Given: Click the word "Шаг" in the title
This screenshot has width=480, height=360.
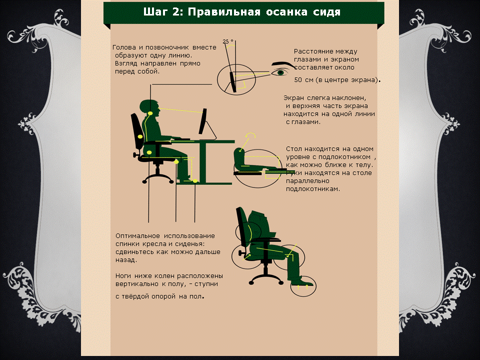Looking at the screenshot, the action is tap(155, 12).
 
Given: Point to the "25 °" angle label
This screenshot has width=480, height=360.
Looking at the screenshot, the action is tap(228, 41).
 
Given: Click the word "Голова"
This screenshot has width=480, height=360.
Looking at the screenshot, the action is tap(124, 47).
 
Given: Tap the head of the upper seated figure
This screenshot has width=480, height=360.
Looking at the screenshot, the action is tap(149, 107).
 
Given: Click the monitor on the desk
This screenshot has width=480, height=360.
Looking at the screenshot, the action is tap(202, 121).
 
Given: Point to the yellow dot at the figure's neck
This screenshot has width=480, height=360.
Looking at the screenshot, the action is tap(150, 113).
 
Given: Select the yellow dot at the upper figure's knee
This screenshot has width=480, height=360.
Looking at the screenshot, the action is tap(176, 161).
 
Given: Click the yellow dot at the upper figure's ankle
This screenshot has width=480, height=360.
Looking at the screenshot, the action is tap(195, 181).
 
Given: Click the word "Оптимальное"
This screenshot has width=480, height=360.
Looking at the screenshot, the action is tap(138, 236).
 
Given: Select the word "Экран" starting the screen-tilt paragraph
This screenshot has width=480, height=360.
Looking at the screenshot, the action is tap(294, 98).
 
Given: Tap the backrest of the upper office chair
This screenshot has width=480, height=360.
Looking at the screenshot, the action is tap(137, 131).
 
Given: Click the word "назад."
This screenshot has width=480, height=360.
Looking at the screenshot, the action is tap(126, 260).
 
